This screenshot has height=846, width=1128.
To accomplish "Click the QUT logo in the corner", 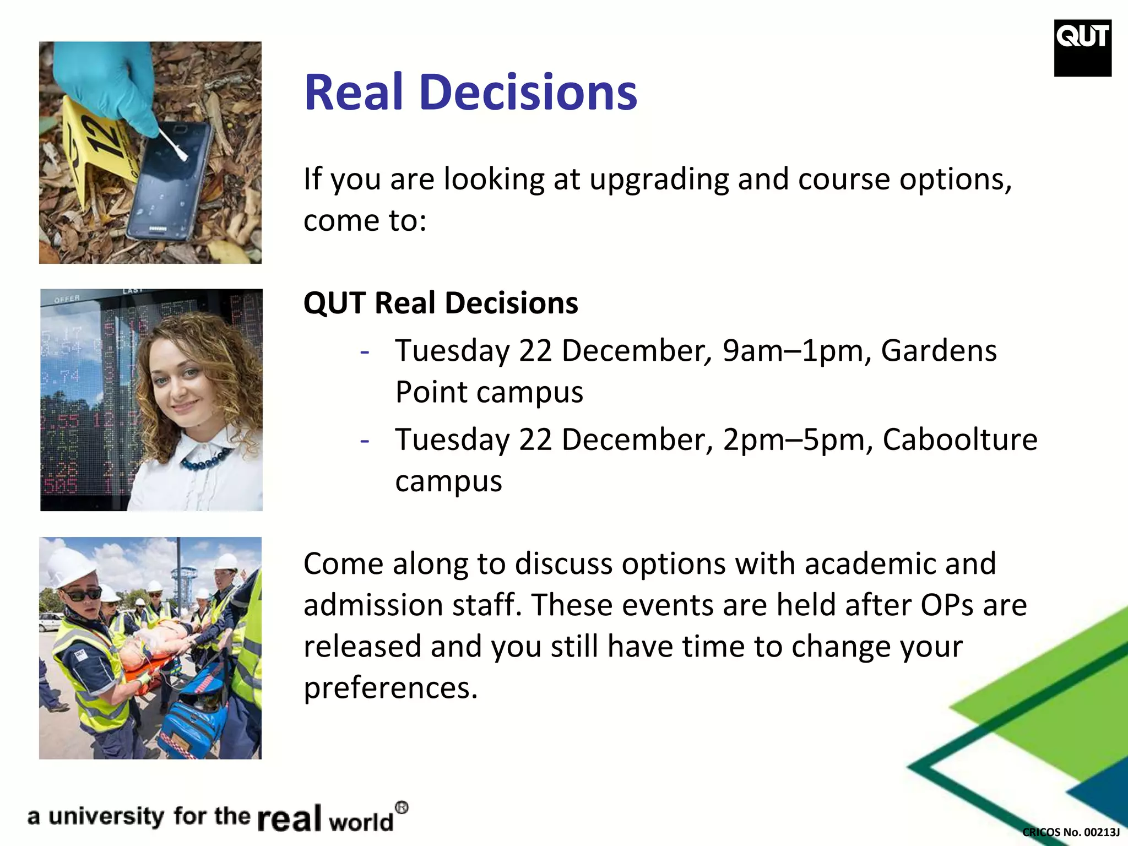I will click(1082, 47).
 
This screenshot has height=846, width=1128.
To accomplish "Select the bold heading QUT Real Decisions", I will click(441, 303).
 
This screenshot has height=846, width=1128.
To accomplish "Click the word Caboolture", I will click(959, 440).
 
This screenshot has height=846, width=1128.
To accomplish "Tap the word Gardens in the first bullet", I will click(939, 351).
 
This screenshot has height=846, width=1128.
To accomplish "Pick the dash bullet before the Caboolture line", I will click(364, 440).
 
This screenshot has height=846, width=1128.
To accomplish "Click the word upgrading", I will click(658, 180).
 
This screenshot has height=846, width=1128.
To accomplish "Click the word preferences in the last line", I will click(390, 688).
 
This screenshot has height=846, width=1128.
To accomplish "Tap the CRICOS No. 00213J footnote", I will click(1071, 832).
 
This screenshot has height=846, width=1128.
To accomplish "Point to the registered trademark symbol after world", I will click(402, 808).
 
